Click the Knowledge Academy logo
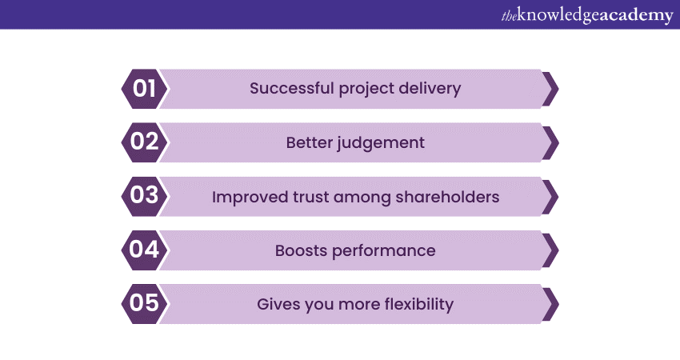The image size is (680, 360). (x=587, y=15)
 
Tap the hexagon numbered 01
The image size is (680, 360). (x=144, y=89)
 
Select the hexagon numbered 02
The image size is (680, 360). (x=144, y=142)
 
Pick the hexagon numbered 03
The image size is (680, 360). (x=144, y=197)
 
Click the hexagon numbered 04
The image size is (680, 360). (x=144, y=250)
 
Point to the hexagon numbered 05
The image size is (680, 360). (x=144, y=304)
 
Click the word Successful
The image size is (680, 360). (x=291, y=88)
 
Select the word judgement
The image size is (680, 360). (x=380, y=143)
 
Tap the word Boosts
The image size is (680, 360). (x=301, y=250)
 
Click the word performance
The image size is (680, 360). (x=384, y=251)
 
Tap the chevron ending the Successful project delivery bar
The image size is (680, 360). (x=550, y=89)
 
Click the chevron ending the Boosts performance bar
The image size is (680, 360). (x=550, y=250)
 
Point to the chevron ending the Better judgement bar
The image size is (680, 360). (x=550, y=142)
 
